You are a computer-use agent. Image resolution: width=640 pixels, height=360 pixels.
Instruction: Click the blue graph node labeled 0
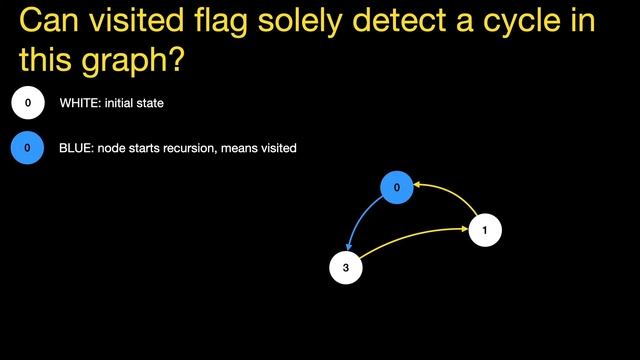[397, 187]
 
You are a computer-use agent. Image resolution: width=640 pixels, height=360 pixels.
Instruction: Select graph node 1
[485, 230]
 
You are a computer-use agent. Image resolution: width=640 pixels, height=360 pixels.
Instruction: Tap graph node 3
[345, 268]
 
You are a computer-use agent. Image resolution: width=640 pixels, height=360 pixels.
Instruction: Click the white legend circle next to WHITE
[28, 103]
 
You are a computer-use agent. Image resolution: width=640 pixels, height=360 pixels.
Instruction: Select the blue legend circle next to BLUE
[28, 149]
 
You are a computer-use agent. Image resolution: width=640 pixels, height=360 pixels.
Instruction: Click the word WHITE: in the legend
[81, 103]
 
